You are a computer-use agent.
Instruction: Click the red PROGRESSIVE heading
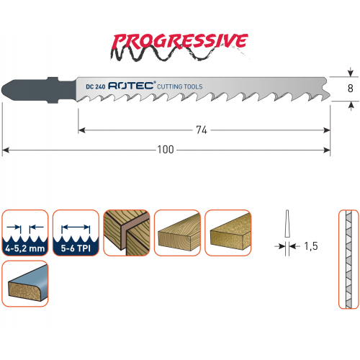point(180,41)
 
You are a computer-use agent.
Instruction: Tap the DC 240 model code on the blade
point(96,86)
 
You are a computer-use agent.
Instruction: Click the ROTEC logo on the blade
point(131,86)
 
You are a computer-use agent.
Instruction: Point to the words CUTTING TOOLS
point(180,86)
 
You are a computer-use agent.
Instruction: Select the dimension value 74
point(202,130)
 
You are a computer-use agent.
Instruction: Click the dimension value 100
point(166,150)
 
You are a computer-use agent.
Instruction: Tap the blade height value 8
point(351,89)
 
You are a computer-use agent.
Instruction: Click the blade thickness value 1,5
point(311,246)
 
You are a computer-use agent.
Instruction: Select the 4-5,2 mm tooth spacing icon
point(25,233)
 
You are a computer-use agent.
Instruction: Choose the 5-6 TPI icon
point(76,233)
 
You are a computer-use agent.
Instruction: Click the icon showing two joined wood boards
point(127,233)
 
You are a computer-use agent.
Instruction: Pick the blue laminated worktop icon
point(25,284)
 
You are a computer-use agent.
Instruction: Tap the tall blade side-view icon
point(348,259)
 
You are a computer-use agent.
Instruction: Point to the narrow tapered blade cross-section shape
point(287,224)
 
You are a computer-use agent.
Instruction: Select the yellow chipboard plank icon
point(228,233)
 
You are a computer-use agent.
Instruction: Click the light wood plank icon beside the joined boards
point(177,233)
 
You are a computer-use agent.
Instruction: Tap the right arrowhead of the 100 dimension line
point(328,150)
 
